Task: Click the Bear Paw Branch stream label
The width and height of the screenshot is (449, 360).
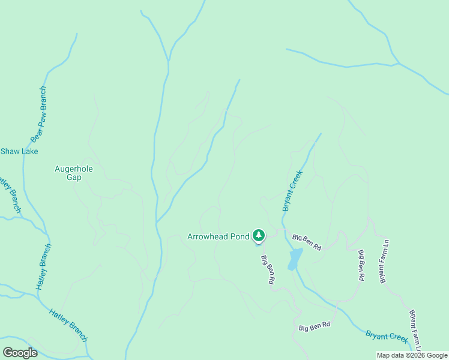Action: point(38,115)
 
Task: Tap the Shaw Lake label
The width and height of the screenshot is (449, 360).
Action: point(19,151)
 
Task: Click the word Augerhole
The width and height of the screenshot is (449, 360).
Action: point(74,169)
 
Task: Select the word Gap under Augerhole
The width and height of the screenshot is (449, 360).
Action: point(74,178)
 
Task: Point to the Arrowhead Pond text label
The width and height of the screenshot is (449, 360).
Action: point(218,236)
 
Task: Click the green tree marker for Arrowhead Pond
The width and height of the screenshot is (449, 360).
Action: point(259,235)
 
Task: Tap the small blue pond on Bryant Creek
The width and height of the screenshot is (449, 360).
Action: point(295,259)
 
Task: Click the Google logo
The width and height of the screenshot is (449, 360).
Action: point(20,352)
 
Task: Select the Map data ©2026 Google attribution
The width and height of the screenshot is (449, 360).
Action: point(411,355)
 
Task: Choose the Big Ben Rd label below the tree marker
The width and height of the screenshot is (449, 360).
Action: point(268,269)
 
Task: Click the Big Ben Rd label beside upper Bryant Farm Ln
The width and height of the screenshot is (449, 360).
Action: point(361,265)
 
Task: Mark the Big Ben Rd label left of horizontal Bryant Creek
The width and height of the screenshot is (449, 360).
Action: point(315,326)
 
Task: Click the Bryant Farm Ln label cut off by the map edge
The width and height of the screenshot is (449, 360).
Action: point(416,330)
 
